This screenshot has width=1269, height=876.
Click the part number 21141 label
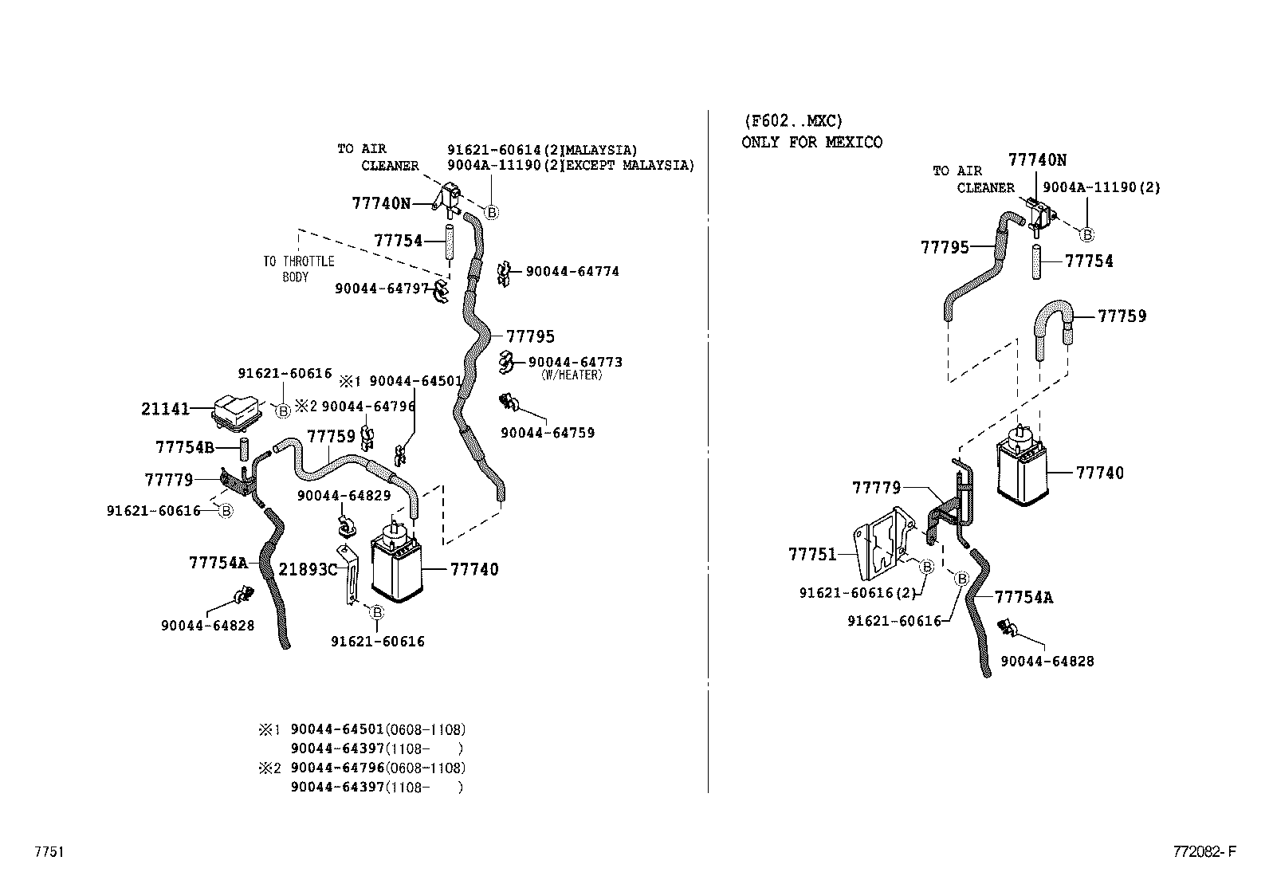tap(166, 409)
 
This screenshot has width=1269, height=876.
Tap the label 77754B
tap(185, 447)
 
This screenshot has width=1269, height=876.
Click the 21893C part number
tap(308, 569)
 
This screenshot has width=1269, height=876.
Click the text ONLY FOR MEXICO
tap(811, 143)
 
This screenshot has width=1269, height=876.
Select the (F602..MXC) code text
tap(792, 121)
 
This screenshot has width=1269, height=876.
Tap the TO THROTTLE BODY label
tap(298, 269)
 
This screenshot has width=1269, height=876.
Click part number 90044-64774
tap(572, 272)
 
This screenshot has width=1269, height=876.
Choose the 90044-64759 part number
tap(548, 433)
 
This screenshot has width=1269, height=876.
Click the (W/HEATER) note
tap(571, 375)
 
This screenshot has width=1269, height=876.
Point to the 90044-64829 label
tap(344, 496)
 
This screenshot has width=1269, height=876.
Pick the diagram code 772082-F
tap(1204, 852)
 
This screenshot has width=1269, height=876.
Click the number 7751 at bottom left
tap(49, 852)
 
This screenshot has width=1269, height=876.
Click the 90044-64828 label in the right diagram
tap(1047, 661)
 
